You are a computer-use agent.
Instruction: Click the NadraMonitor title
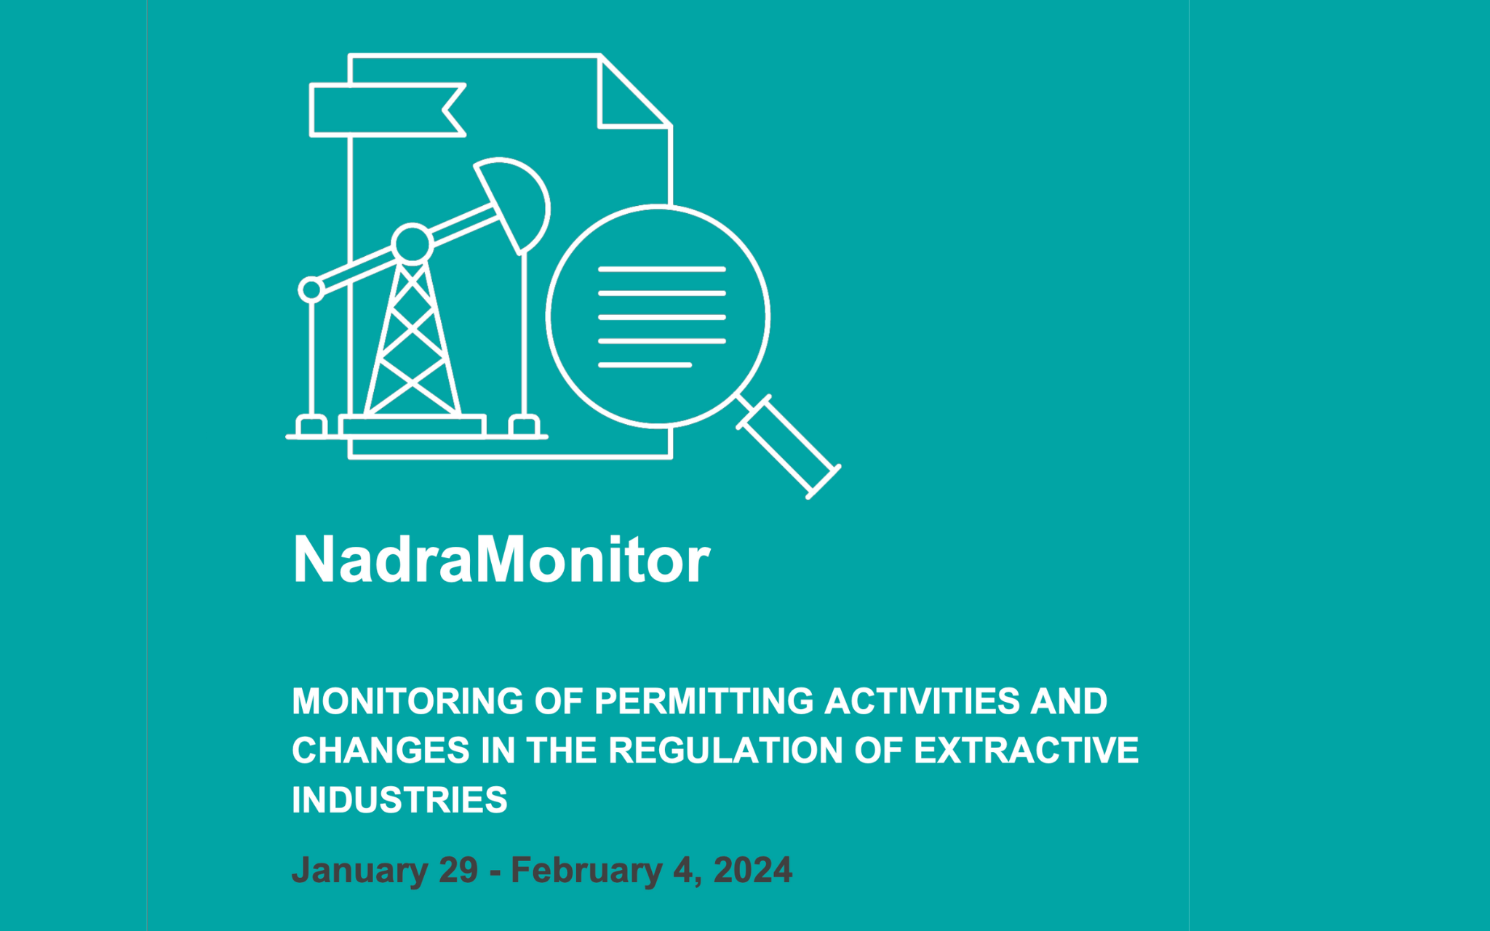point(501,560)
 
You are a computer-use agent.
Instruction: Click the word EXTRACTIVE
point(1026,751)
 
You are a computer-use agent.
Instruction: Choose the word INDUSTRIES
point(399,800)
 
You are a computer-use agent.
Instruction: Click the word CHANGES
point(381,751)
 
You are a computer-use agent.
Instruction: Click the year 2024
point(752,871)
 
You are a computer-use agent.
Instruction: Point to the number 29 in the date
point(458,871)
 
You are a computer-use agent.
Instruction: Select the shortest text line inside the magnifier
point(645,364)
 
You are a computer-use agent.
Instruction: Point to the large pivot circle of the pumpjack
point(413,244)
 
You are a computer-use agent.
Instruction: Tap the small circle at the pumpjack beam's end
point(311,289)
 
